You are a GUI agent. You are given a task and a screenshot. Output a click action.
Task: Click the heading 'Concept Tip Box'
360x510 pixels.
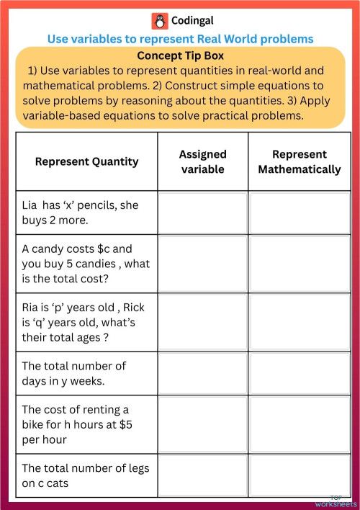click(x=180, y=55)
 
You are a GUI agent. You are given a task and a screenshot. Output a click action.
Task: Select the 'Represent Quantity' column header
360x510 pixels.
click(x=86, y=161)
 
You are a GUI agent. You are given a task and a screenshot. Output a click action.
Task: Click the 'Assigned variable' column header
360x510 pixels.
click(x=202, y=161)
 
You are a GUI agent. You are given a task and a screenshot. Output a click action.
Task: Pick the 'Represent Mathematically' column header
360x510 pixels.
click(x=299, y=161)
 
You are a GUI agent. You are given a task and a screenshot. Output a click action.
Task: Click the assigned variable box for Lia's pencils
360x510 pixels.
click(x=202, y=212)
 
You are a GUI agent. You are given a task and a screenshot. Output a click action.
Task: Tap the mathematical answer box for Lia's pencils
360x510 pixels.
click(x=299, y=212)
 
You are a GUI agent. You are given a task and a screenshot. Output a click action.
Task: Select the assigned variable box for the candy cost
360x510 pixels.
click(x=202, y=264)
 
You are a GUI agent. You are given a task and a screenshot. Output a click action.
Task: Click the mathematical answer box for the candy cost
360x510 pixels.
click(x=299, y=264)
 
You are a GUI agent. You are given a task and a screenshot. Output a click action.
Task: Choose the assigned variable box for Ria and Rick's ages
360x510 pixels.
click(x=202, y=322)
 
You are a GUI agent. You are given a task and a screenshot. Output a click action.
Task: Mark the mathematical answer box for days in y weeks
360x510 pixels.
click(x=299, y=373)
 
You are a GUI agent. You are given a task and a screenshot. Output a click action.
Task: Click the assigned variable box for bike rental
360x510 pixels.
click(x=202, y=424)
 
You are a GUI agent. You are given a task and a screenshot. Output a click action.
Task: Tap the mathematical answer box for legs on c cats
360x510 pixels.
click(x=299, y=475)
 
